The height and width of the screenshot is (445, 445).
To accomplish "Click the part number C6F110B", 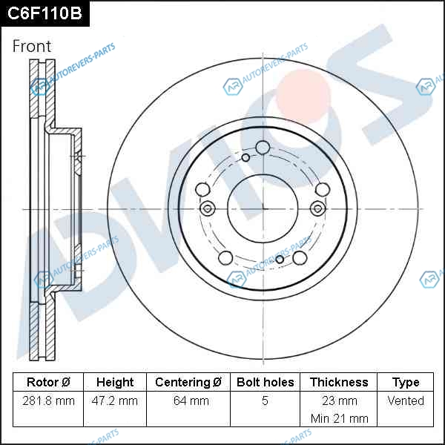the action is [x=44, y=13].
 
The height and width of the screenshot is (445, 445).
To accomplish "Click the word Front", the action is [x=32, y=46].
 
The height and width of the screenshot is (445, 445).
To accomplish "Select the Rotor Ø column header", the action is [x=48, y=382].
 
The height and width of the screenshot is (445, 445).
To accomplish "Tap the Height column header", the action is [x=115, y=382].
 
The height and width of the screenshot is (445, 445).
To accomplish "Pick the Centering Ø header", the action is [x=188, y=382].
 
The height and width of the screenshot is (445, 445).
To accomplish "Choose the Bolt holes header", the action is [x=265, y=382].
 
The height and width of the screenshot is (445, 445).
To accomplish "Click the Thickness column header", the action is [x=339, y=382].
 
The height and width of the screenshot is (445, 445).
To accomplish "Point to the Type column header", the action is [x=406, y=383].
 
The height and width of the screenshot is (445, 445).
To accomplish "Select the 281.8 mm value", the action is [x=48, y=400].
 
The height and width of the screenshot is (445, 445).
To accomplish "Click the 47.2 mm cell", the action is [x=115, y=400].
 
